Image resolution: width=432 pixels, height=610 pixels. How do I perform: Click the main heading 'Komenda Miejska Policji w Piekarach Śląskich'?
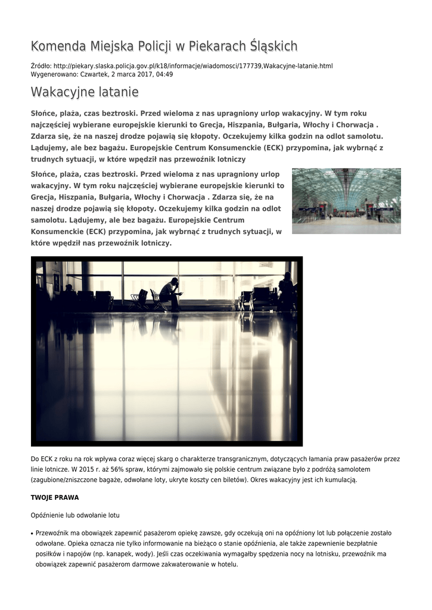click(x=164, y=46)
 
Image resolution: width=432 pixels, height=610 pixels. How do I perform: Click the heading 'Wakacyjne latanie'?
click(x=85, y=92)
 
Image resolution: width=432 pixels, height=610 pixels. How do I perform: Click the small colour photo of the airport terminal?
click(x=346, y=201)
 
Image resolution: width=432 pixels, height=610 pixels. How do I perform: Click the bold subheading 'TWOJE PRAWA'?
click(x=55, y=497)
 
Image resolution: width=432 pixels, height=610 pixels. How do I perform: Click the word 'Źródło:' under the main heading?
click(x=41, y=66)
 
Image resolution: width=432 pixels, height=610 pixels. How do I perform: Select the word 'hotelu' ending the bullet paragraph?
click(x=227, y=565)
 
